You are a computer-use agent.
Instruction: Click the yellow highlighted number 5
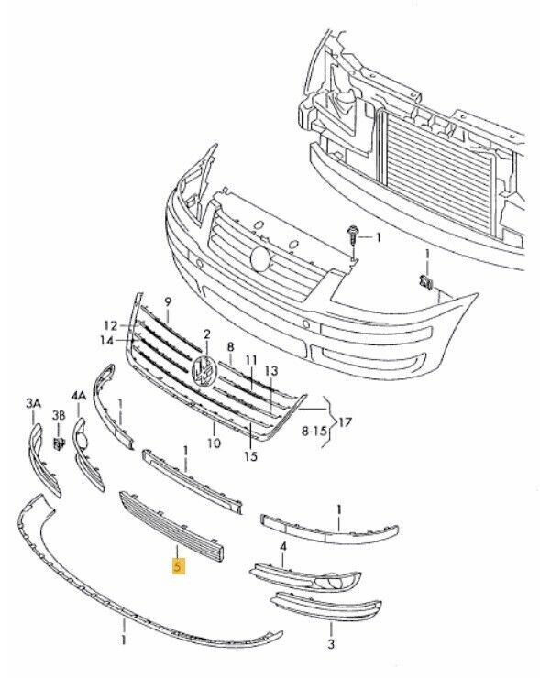pos(178,566)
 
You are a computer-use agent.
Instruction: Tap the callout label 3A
pos(33,404)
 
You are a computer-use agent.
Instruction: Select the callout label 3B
pos(59,416)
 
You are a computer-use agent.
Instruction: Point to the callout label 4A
pos(78,396)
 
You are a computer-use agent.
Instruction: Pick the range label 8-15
pos(315,432)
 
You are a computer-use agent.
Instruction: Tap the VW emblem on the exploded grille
pos(204,370)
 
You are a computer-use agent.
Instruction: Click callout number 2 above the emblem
pos(207,334)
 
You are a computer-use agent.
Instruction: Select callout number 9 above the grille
pos(168,301)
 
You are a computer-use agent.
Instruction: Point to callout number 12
pos(111,325)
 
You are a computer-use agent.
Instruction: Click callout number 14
pos(106,341)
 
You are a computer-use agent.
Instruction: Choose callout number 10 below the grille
pos(215,443)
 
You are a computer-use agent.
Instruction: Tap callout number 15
pos(250,456)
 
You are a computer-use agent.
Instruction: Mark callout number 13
pos(271,370)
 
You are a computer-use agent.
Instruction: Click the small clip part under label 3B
pos(59,443)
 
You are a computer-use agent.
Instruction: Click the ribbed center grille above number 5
pos(171,526)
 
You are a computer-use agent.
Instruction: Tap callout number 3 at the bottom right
pos(331,644)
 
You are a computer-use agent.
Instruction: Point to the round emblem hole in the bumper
pos(261,258)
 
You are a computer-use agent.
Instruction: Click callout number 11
pos(251,360)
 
